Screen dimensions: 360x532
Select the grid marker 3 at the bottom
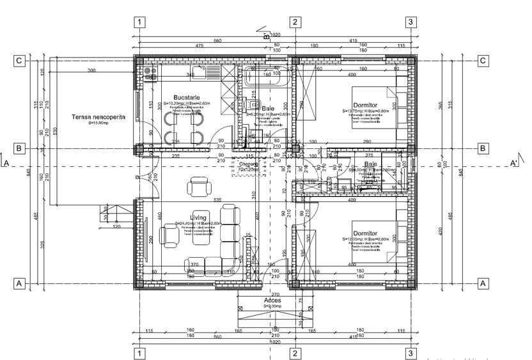410,353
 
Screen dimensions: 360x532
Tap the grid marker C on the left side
20,61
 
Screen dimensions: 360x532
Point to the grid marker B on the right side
483,148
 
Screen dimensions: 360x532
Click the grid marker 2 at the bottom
295,353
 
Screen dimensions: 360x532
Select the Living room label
198,217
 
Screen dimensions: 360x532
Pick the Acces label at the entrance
273,300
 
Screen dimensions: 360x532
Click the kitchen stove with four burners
150,72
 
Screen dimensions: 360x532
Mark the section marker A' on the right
513,164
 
